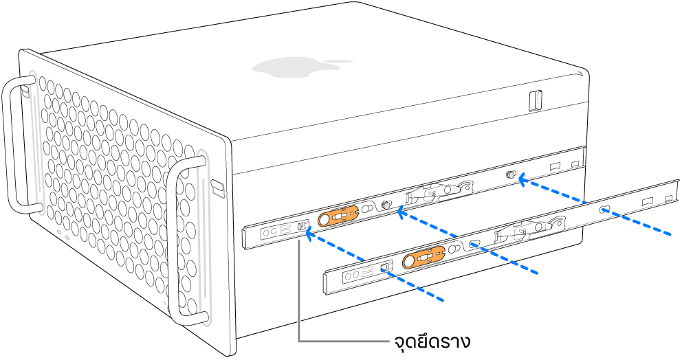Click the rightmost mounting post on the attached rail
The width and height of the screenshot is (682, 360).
click(x=511, y=176)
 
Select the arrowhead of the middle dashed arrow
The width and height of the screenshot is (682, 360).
click(x=401, y=213)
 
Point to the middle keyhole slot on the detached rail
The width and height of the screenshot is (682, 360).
click(x=474, y=243)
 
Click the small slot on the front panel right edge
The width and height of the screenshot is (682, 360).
click(x=217, y=185)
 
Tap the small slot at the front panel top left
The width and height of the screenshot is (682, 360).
click(x=25, y=90)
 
